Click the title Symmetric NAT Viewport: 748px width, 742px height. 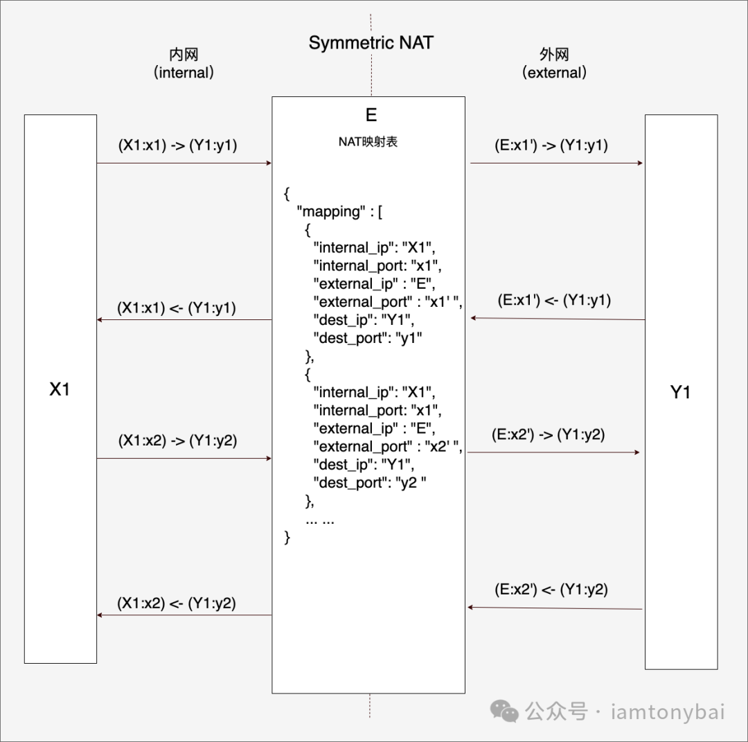point(371,42)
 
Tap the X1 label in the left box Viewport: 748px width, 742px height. point(60,389)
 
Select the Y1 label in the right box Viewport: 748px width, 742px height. point(680,393)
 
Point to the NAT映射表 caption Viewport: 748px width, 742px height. point(368,142)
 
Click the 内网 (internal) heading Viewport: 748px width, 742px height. point(184,64)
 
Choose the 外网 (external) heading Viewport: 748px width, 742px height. point(554,64)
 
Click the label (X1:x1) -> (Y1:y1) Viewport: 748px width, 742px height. point(177,145)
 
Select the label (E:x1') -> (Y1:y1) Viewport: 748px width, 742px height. point(551,145)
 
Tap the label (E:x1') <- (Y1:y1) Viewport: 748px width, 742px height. point(554,301)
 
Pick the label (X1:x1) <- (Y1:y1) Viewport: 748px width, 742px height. point(177,308)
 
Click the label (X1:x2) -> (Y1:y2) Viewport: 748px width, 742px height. point(177,440)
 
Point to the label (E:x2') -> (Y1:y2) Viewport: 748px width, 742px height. point(548,434)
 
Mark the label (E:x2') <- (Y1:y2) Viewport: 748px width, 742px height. point(551,590)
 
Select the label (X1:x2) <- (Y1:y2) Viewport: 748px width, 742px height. point(177,603)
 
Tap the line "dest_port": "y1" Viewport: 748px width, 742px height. point(368,338)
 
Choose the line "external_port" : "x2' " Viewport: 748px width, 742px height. point(387,446)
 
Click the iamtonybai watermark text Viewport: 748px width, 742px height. point(668,712)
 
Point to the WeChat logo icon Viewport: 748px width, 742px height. point(504,710)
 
